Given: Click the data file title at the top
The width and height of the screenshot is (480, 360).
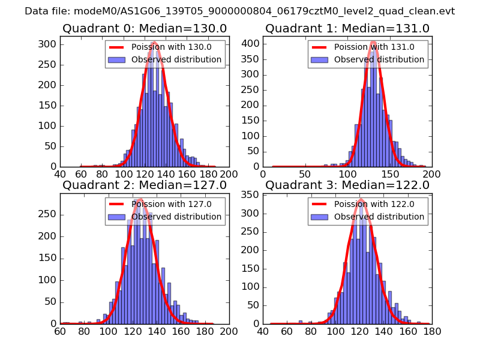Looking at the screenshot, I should pos(239,11).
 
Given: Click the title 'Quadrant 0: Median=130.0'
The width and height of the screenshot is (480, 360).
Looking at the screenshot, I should pos(145,29).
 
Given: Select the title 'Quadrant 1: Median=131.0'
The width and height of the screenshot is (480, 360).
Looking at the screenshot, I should pos(347,29).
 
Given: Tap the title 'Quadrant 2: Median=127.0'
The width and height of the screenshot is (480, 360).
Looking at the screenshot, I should pos(145,185).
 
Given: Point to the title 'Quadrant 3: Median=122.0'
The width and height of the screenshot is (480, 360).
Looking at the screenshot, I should pos(347,185).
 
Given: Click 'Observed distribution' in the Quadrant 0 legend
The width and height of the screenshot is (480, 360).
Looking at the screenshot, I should pos(176,59).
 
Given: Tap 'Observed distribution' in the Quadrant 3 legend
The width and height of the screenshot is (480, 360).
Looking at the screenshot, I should pos(379,216).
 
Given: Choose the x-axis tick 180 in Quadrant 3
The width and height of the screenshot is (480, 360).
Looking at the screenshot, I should pos(432,331).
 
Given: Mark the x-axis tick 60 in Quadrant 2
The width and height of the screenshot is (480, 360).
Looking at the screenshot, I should pos(61,331).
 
